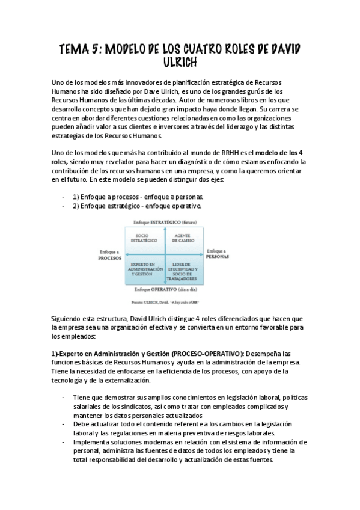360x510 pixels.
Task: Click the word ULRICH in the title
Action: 180,63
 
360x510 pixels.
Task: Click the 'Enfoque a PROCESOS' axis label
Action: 110,254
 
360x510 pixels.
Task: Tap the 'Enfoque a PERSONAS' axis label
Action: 217,253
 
